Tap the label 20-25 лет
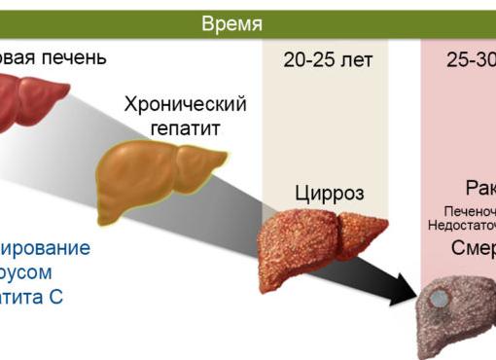pyautogui.click(x=328, y=60)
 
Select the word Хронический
pyautogui.click(x=185, y=105)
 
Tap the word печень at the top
pyautogui.click(x=73, y=58)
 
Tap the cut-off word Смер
pyautogui.click(x=473, y=247)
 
